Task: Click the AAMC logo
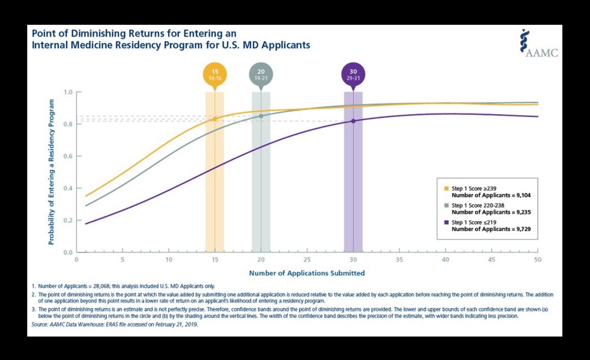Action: pyautogui.click(x=539, y=44)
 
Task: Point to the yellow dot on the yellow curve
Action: pyautogui.click(x=215, y=119)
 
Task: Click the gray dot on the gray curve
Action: pyautogui.click(x=261, y=116)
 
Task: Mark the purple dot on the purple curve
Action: pyautogui.click(x=353, y=121)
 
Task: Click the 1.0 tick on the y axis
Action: pyautogui.click(x=69, y=92)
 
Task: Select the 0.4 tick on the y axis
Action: pyautogui.click(x=69, y=188)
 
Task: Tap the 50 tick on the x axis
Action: pyautogui.click(x=538, y=260)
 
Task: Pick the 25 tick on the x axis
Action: pyautogui.click(x=307, y=260)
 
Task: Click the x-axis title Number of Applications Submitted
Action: pyautogui.click(x=307, y=272)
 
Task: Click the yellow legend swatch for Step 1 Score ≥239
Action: pyautogui.click(x=446, y=188)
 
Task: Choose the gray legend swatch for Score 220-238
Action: pyautogui.click(x=446, y=206)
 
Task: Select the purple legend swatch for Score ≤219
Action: pyautogui.click(x=446, y=222)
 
